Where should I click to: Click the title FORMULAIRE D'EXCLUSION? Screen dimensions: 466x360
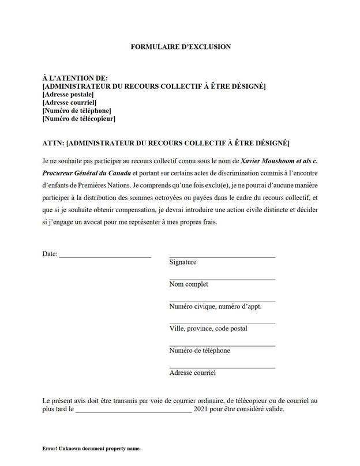tap(181, 47)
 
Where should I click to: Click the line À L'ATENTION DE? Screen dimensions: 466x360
tap(76, 78)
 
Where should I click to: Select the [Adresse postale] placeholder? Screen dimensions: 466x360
tap(69, 95)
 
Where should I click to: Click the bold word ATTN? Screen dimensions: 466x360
tap(53, 142)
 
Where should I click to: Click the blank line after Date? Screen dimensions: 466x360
tap(105, 256)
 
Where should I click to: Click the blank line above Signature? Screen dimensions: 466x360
tap(222, 256)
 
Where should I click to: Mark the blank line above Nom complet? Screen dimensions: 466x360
tap(222, 279)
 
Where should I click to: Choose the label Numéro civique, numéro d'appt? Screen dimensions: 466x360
tap(215, 306)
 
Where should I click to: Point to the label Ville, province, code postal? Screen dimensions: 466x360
tap(208, 328)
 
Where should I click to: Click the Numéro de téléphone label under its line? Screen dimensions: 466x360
tap(200, 351)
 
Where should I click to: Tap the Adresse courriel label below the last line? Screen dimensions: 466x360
tap(193, 373)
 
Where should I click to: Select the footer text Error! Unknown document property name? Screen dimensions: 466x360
tap(92, 448)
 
